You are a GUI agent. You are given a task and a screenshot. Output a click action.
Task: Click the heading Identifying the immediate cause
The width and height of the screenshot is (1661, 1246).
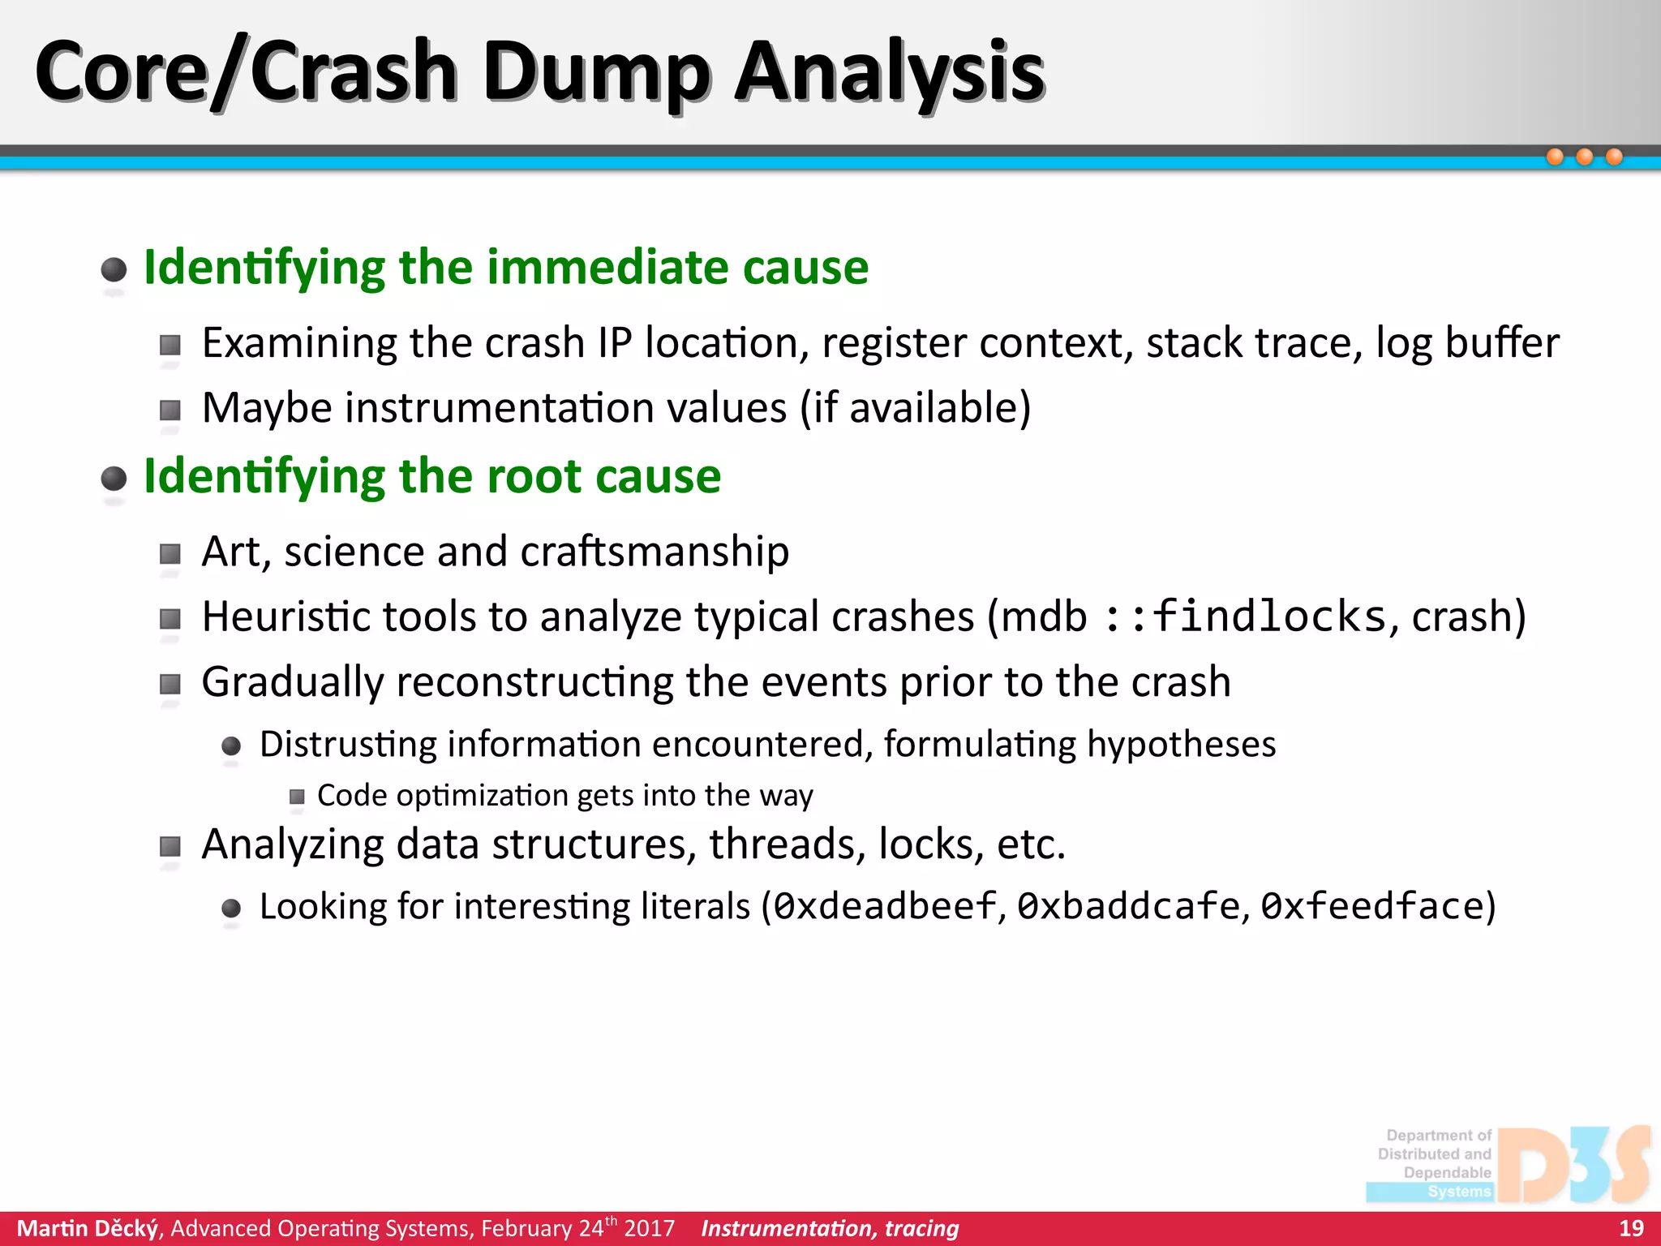505,268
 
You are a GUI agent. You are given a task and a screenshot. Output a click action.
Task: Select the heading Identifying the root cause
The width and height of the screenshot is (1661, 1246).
431,476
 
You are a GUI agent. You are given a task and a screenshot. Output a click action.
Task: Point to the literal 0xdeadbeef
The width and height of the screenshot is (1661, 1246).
885,906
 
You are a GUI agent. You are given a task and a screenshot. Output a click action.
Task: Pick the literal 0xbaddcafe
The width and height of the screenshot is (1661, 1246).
1129,906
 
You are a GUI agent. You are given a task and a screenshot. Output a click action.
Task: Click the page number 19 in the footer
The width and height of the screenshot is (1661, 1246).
1630,1228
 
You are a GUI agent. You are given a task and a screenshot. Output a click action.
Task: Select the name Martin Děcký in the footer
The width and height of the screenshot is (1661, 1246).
88,1228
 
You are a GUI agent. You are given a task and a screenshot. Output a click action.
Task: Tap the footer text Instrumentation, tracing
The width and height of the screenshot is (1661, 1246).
830,1228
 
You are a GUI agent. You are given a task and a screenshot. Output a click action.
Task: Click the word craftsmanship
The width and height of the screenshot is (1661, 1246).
655,552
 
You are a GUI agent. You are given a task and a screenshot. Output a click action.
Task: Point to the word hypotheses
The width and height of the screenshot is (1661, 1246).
1181,745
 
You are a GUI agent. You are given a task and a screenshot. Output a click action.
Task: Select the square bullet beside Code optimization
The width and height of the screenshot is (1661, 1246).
297,797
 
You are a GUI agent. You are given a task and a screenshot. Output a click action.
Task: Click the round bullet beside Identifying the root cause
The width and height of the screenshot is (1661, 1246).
114,479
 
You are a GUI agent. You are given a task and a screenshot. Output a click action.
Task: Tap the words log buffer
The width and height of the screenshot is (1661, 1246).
1467,343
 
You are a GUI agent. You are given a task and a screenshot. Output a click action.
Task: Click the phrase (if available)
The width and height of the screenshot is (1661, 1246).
915,408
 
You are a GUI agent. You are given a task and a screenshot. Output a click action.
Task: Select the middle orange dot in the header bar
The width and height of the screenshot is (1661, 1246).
1584,157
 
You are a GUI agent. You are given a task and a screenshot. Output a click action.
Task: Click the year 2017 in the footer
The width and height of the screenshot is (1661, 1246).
649,1228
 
